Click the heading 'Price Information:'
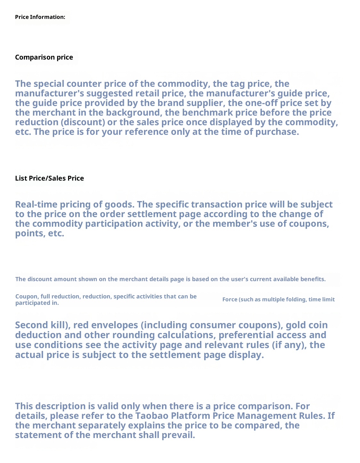[40, 17]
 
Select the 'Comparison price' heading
[44, 57]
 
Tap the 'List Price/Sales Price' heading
[49, 178]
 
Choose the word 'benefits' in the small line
[313, 279]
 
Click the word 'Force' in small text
[230, 300]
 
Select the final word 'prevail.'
[179, 435]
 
